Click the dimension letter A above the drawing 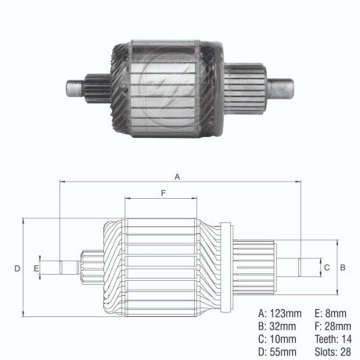pyautogui.click(x=178, y=177)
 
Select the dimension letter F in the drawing pyautogui.click(x=163, y=193)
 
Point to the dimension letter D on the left pyautogui.click(x=16, y=268)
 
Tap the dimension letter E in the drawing pyautogui.click(x=36, y=268)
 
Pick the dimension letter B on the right pyautogui.click(x=343, y=267)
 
